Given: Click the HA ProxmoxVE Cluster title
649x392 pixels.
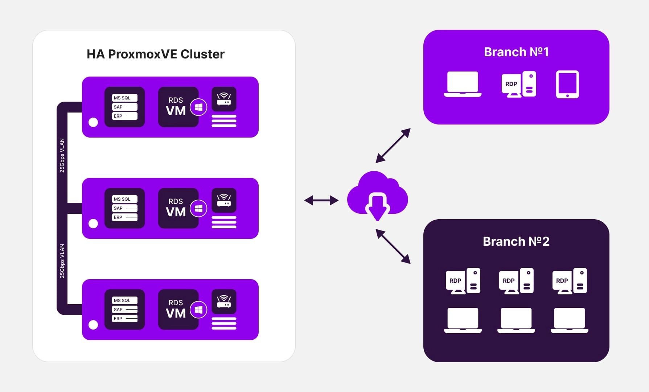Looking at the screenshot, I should coord(155,54).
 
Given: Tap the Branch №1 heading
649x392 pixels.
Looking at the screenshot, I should coord(516,52).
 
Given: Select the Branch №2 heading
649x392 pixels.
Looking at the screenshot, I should coord(516,241).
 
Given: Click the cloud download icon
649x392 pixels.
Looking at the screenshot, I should coord(378,196).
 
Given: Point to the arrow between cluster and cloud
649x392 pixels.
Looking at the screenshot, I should coord(321,200).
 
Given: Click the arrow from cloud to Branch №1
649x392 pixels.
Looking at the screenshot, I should coord(393,145).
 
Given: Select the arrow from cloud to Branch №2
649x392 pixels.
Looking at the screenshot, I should coord(393,246).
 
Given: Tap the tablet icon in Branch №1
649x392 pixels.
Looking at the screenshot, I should coord(567,84).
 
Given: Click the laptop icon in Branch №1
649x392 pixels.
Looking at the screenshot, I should coord(463,84).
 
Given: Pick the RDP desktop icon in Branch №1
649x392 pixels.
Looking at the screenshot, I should coord(519,84).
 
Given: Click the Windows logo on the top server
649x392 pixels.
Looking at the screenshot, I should coord(198,107).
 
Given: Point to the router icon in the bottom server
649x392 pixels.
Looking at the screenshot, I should coord(224,301).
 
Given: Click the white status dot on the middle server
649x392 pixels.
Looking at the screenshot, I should coord(93,224).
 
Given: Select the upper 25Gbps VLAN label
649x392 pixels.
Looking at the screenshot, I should coord(62,155).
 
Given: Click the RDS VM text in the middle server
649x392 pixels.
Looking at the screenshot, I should coord(176,208).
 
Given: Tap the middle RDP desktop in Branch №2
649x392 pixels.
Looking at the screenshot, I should coord(516,281).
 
